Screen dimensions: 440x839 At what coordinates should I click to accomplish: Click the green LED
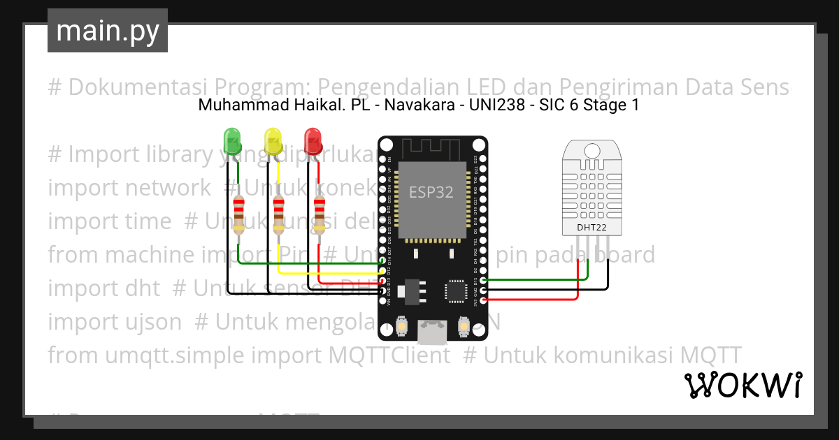(232, 140)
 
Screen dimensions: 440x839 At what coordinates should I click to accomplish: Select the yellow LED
(273, 140)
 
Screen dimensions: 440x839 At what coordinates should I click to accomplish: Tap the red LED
(313, 140)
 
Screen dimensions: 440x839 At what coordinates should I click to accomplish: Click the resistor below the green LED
(239, 214)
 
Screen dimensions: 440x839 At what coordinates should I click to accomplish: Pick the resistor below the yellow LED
(279, 214)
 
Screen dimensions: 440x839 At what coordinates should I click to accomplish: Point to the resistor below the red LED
(320, 214)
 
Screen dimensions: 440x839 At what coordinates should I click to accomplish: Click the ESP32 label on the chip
(431, 193)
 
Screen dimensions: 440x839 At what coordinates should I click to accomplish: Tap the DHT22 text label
(592, 227)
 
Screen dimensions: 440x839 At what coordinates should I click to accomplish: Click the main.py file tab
(108, 31)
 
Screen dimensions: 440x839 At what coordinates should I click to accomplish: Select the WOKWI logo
(743, 385)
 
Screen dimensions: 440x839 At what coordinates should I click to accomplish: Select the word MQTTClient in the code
(389, 355)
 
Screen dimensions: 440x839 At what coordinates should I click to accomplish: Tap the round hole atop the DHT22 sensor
(592, 149)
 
